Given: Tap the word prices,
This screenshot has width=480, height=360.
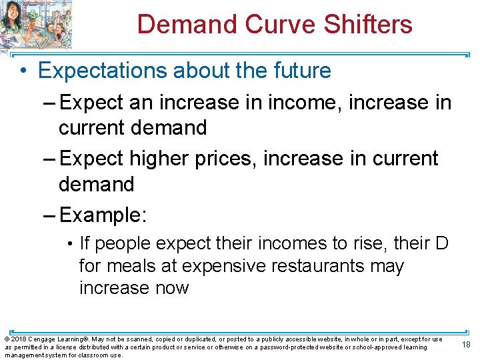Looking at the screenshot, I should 227,159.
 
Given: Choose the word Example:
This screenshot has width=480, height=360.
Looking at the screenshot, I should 103,215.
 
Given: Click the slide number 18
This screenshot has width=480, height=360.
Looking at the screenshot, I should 465,345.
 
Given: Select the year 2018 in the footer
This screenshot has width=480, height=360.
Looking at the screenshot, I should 18,339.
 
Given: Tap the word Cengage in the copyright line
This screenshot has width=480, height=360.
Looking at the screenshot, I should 43,339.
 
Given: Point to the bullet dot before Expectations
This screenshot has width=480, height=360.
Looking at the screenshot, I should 23,71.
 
